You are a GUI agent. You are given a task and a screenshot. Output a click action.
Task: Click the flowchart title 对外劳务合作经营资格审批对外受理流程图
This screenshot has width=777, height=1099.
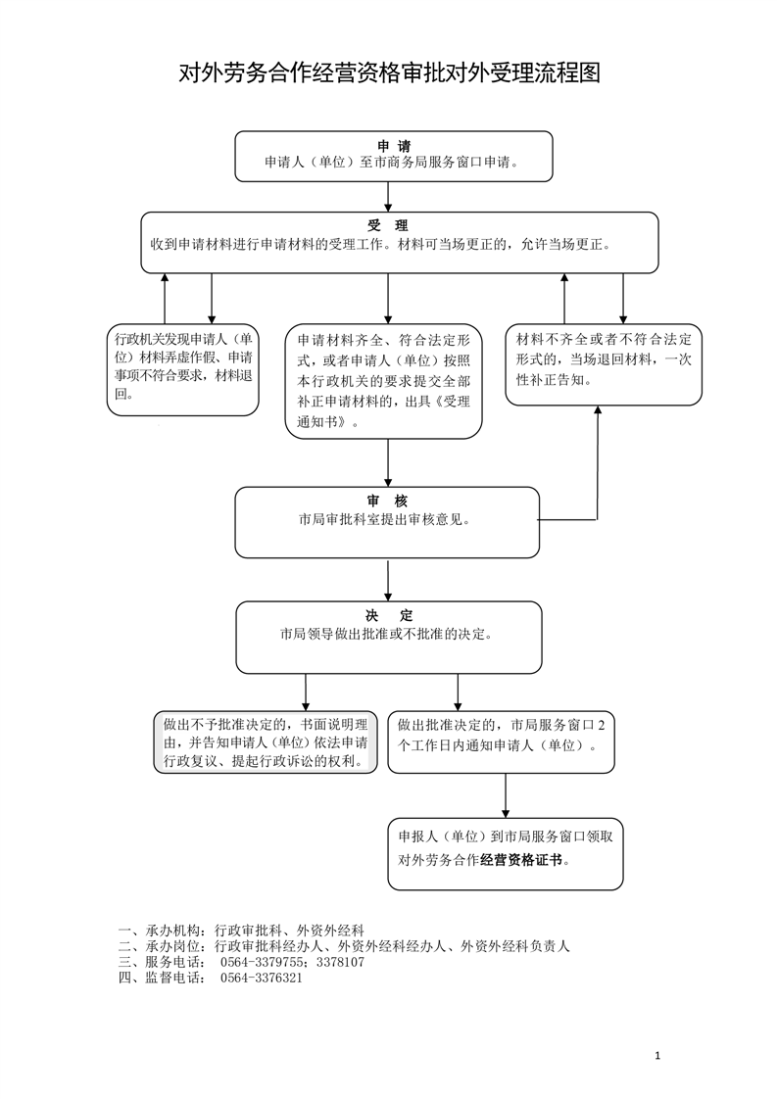[388, 72]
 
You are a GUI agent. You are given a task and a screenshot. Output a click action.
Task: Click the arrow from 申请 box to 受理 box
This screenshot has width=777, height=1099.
[389, 197]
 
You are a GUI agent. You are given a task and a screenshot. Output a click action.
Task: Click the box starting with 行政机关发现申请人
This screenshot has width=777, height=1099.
[185, 367]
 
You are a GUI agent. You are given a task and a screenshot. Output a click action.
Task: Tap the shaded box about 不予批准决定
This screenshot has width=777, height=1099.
[266, 742]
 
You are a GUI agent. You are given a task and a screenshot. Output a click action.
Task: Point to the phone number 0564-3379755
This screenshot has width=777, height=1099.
[265, 962]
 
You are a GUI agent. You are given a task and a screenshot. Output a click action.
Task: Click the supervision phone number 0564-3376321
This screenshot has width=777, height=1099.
[261, 978]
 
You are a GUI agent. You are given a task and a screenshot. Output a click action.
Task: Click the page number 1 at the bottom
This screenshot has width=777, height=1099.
[657, 1056]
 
